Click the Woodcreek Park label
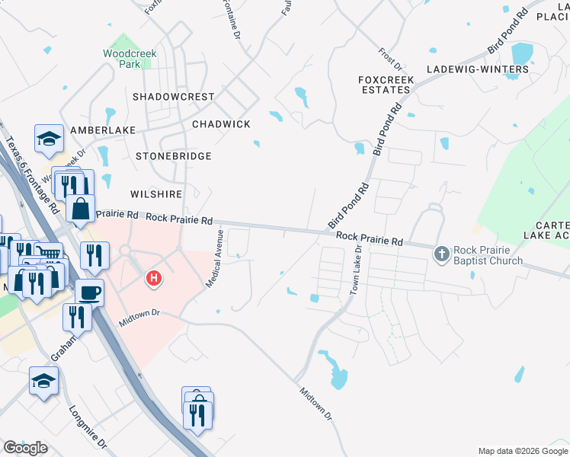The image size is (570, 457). (x=122, y=59)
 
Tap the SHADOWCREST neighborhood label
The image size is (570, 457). (x=173, y=97)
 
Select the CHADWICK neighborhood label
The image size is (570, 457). (x=221, y=123)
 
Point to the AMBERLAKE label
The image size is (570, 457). (x=97, y=130)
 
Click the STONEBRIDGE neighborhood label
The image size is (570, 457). (x=173, y=155)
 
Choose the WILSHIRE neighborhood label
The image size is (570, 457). (x=157, y=194)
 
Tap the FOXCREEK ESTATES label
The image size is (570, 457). (x=385, y=84)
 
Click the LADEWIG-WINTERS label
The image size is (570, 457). (x=478, y=69)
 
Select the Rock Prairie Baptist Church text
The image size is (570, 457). (x=488, y=255)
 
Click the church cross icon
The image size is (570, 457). (x=442, y=254)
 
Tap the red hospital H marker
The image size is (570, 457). (x=154, y=279)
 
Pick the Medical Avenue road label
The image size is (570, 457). (x=214, y=258)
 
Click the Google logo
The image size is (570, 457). (x=25, y=448)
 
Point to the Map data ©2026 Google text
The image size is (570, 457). (x=522, y=451)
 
